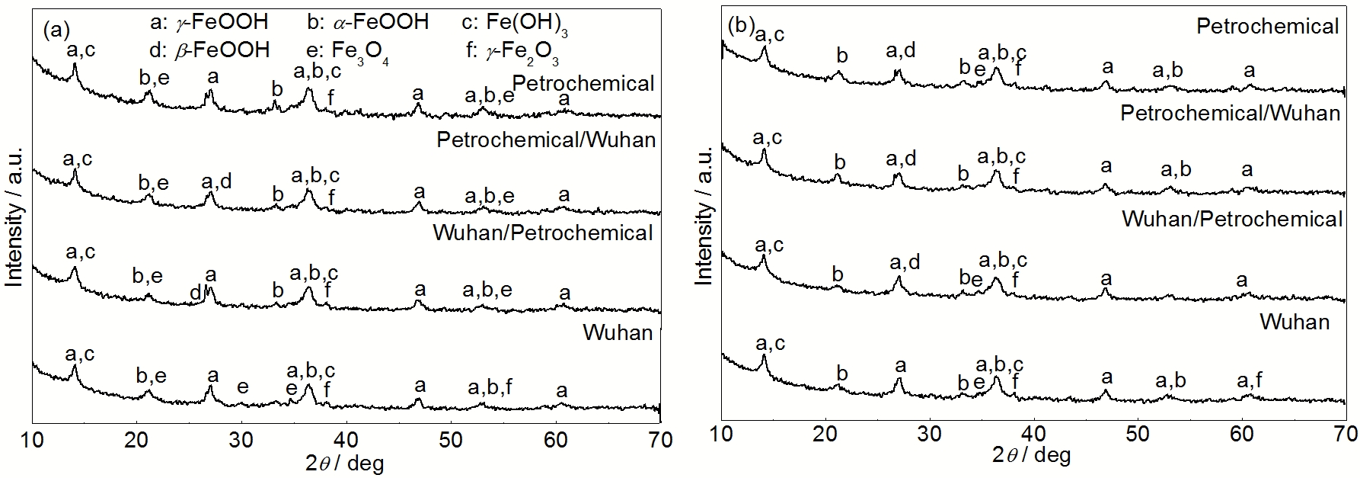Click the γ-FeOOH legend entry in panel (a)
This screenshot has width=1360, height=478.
click(x=209, y=21)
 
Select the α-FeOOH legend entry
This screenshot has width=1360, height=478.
click(x=368, y=21)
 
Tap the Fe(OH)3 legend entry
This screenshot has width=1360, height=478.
click(x=515, y=23)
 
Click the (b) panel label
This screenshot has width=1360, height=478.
click(x=740, y=25)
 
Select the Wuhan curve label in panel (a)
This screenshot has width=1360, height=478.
click(x=618, y=332)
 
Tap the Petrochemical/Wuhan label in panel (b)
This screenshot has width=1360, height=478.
click(x=1230, y=114)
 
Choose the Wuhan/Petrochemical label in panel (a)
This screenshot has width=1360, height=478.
click(x=543, y=233)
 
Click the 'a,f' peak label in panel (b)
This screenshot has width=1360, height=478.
click(x=1250, y=380)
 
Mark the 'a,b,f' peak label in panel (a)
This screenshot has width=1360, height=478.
click(x=490, y=388)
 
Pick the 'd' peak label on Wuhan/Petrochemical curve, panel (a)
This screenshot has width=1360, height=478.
click(x=195, y=293)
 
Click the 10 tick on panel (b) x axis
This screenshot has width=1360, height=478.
click(x=721, y=435)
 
